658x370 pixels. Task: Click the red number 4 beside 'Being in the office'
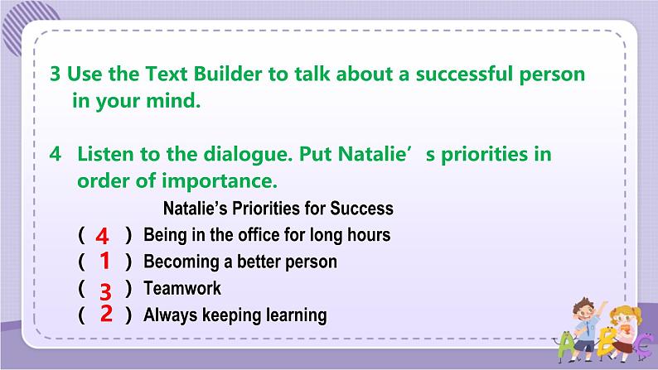(x=102, y=236)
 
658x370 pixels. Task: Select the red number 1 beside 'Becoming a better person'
(x=105, y=260)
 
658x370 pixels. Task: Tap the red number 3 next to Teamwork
(x=105, y=291)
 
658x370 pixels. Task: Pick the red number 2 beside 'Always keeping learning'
(x=106, y=314)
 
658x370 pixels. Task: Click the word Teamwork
(x=182, y=288)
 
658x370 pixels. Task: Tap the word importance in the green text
(x=220, y=181)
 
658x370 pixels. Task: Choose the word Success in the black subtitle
(x=361, y=209)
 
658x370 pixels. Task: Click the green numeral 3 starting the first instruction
(x=55, y=74)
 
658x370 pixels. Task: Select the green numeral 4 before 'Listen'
(x=55, y=154)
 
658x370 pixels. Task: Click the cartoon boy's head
(x=584, y=309)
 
